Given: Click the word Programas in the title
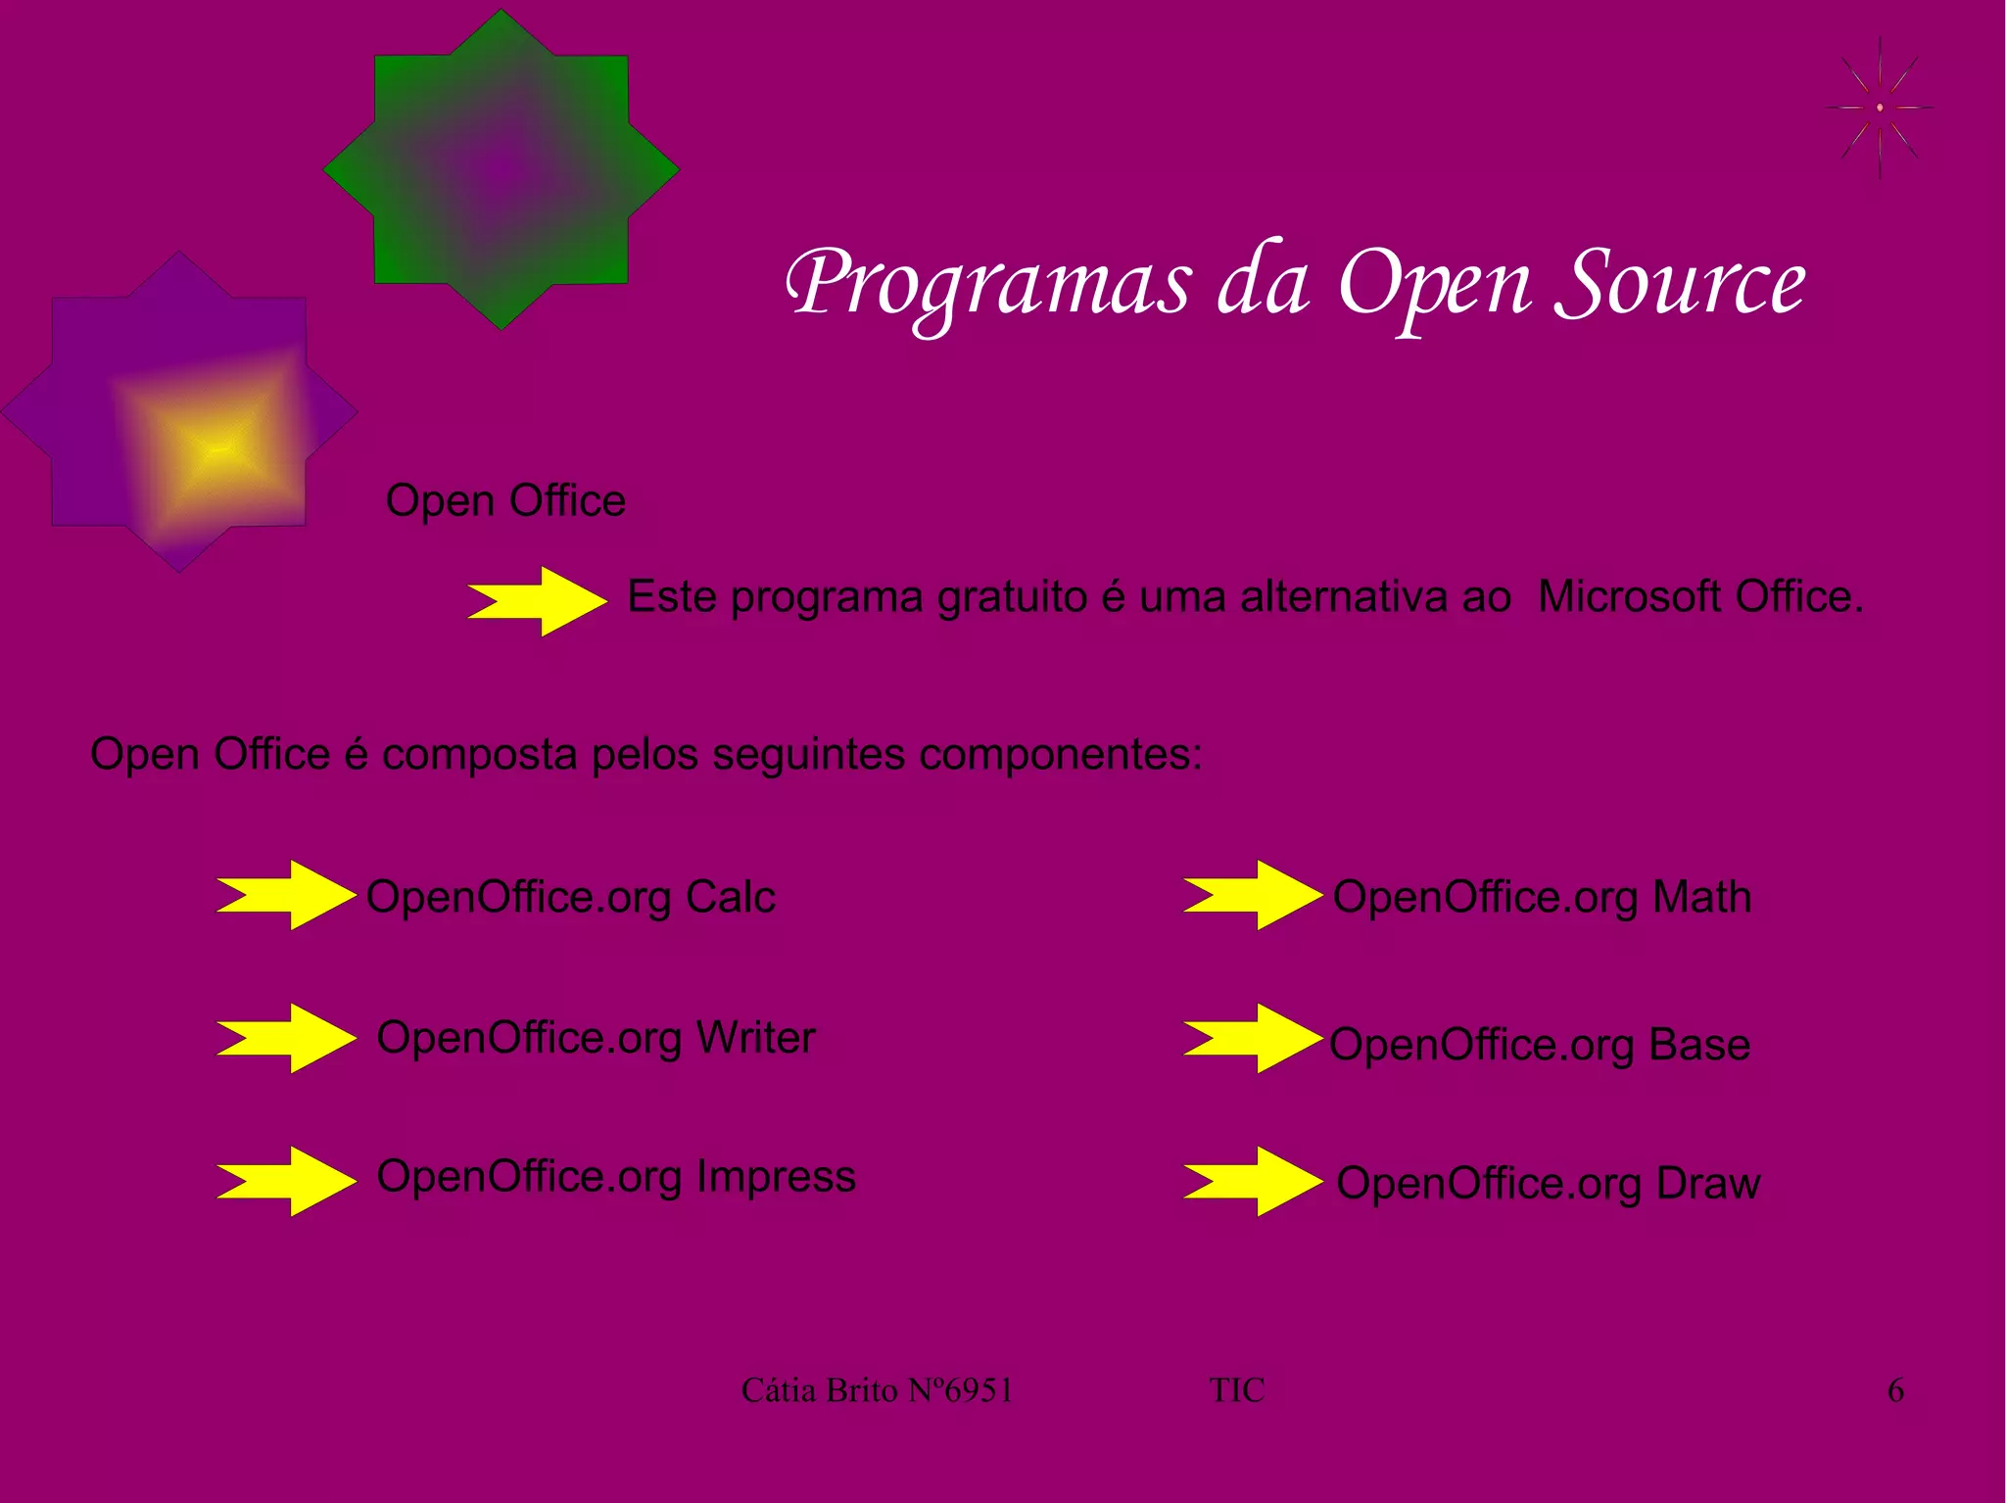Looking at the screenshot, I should (989, 284).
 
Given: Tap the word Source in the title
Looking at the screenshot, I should (1679, 284).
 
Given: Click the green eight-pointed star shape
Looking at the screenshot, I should (501, 168).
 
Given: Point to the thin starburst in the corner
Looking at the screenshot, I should (1879, 107).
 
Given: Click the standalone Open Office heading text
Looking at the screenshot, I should (505, 500).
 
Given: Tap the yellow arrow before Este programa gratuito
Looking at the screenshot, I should (538, 600).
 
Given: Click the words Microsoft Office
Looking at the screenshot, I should (1699, 596).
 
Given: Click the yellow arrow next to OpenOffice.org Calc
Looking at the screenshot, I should (287, 894).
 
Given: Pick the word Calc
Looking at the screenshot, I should (730, 897).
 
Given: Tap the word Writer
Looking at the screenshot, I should (755, 1037).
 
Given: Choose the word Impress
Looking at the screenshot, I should (776, 1176).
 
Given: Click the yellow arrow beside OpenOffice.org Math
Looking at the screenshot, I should (1253, 894).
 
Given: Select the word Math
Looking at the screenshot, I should (1701, 897).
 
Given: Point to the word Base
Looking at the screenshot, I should (1698, 1044).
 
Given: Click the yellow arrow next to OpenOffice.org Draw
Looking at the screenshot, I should (1253, 1181).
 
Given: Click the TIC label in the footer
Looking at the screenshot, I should (1236, 1389).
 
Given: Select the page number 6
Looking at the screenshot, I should (1895, 1389).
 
